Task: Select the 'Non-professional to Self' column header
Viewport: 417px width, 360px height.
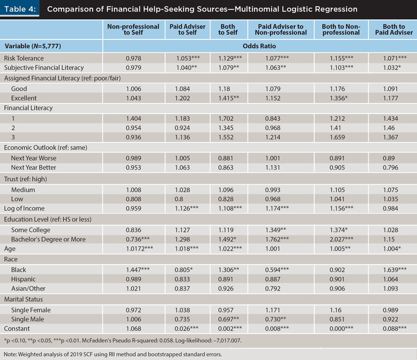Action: point(133,30)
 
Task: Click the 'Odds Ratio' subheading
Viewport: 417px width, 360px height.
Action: point(260,46)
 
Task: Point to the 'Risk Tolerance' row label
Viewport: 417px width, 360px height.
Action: point(24,58)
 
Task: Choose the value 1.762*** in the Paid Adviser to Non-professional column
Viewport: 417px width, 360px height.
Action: point(284,240)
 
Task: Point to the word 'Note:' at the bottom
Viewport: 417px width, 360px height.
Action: point(11,354)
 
